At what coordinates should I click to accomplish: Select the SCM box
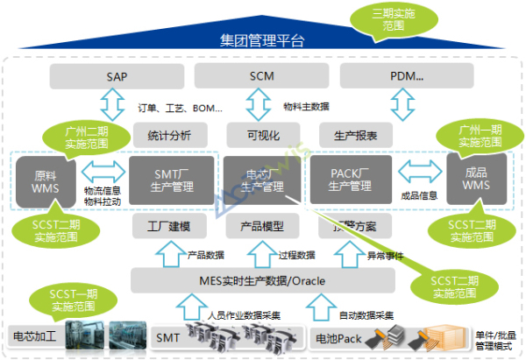(261, 77)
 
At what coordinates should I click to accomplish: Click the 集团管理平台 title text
(262, 40)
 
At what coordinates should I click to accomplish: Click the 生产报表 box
(355, 135)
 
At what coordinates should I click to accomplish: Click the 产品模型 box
(261, 227)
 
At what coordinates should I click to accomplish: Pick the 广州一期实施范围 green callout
(470, 136)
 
